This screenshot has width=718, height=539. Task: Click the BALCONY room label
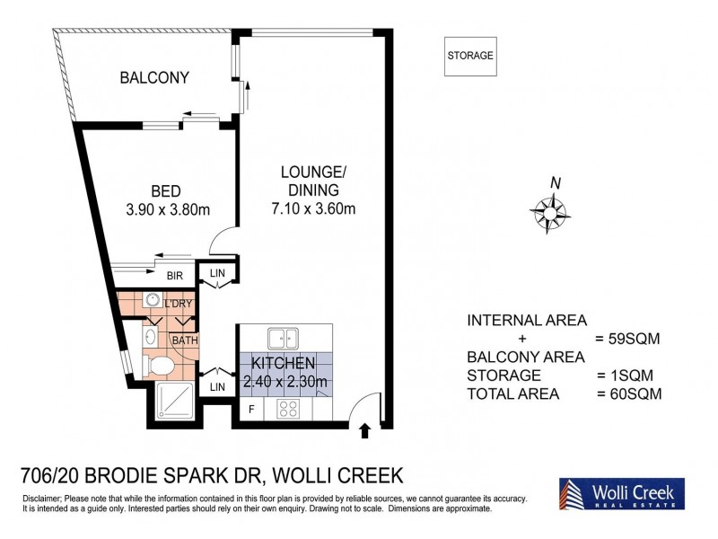tap(154, 77)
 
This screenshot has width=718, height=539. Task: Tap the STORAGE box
tap(470, 56)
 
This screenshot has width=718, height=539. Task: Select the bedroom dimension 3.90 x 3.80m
tap(168, 210)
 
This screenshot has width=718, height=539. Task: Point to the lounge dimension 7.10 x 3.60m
tap(313, 208)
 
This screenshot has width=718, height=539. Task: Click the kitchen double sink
tap(283, 339)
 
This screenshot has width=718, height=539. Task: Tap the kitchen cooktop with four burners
tap(288, 409)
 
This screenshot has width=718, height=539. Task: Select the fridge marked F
tap(251, 409)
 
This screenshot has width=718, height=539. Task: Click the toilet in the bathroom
tap(159, 366)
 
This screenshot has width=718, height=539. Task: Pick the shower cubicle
tap(174, 400)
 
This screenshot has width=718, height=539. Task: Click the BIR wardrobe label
tap(175, 276)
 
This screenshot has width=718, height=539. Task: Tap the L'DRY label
tap(178, 304)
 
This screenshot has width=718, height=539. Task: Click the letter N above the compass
tap(556, 183)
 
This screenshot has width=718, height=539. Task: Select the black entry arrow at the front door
tap(364, 431)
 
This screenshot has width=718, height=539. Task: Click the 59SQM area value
tap(627, 339)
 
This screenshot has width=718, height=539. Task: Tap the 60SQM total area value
tap(630, 393)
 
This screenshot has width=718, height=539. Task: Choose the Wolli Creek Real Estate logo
tap(622, 493)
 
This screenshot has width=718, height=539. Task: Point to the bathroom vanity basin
tap(151, 338)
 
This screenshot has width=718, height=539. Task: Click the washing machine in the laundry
tap(152, 300)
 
